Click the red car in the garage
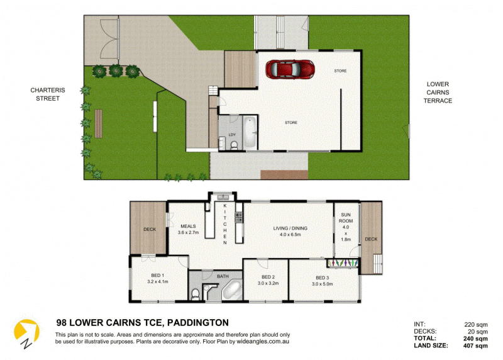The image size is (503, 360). [x=290, y=69]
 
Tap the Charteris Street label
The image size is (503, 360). [x=48, y=94]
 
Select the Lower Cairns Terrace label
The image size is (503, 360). [x=438, y=93]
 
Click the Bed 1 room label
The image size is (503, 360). [x=158, y=278]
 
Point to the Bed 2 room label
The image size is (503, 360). [x=268, y=280]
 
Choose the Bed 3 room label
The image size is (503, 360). [x=323, y=281]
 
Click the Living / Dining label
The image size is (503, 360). [x=290, y=231]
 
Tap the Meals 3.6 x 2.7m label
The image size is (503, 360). [x=188, y=229]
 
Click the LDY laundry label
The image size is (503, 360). [x=232, y=135]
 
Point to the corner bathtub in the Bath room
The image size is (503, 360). [x=231, y=290]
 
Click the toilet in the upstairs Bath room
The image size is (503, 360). [x=195, y=294]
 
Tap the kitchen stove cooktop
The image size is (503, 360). [x=239, y=217]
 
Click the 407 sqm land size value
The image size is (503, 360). [x=475, y=346]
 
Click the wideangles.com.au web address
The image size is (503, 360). [x=263, y=341]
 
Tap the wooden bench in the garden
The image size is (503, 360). [x=99, y=123]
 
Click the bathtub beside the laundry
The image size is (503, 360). [x=250, y=132]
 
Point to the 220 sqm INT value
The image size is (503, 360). [x=476, y=325]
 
